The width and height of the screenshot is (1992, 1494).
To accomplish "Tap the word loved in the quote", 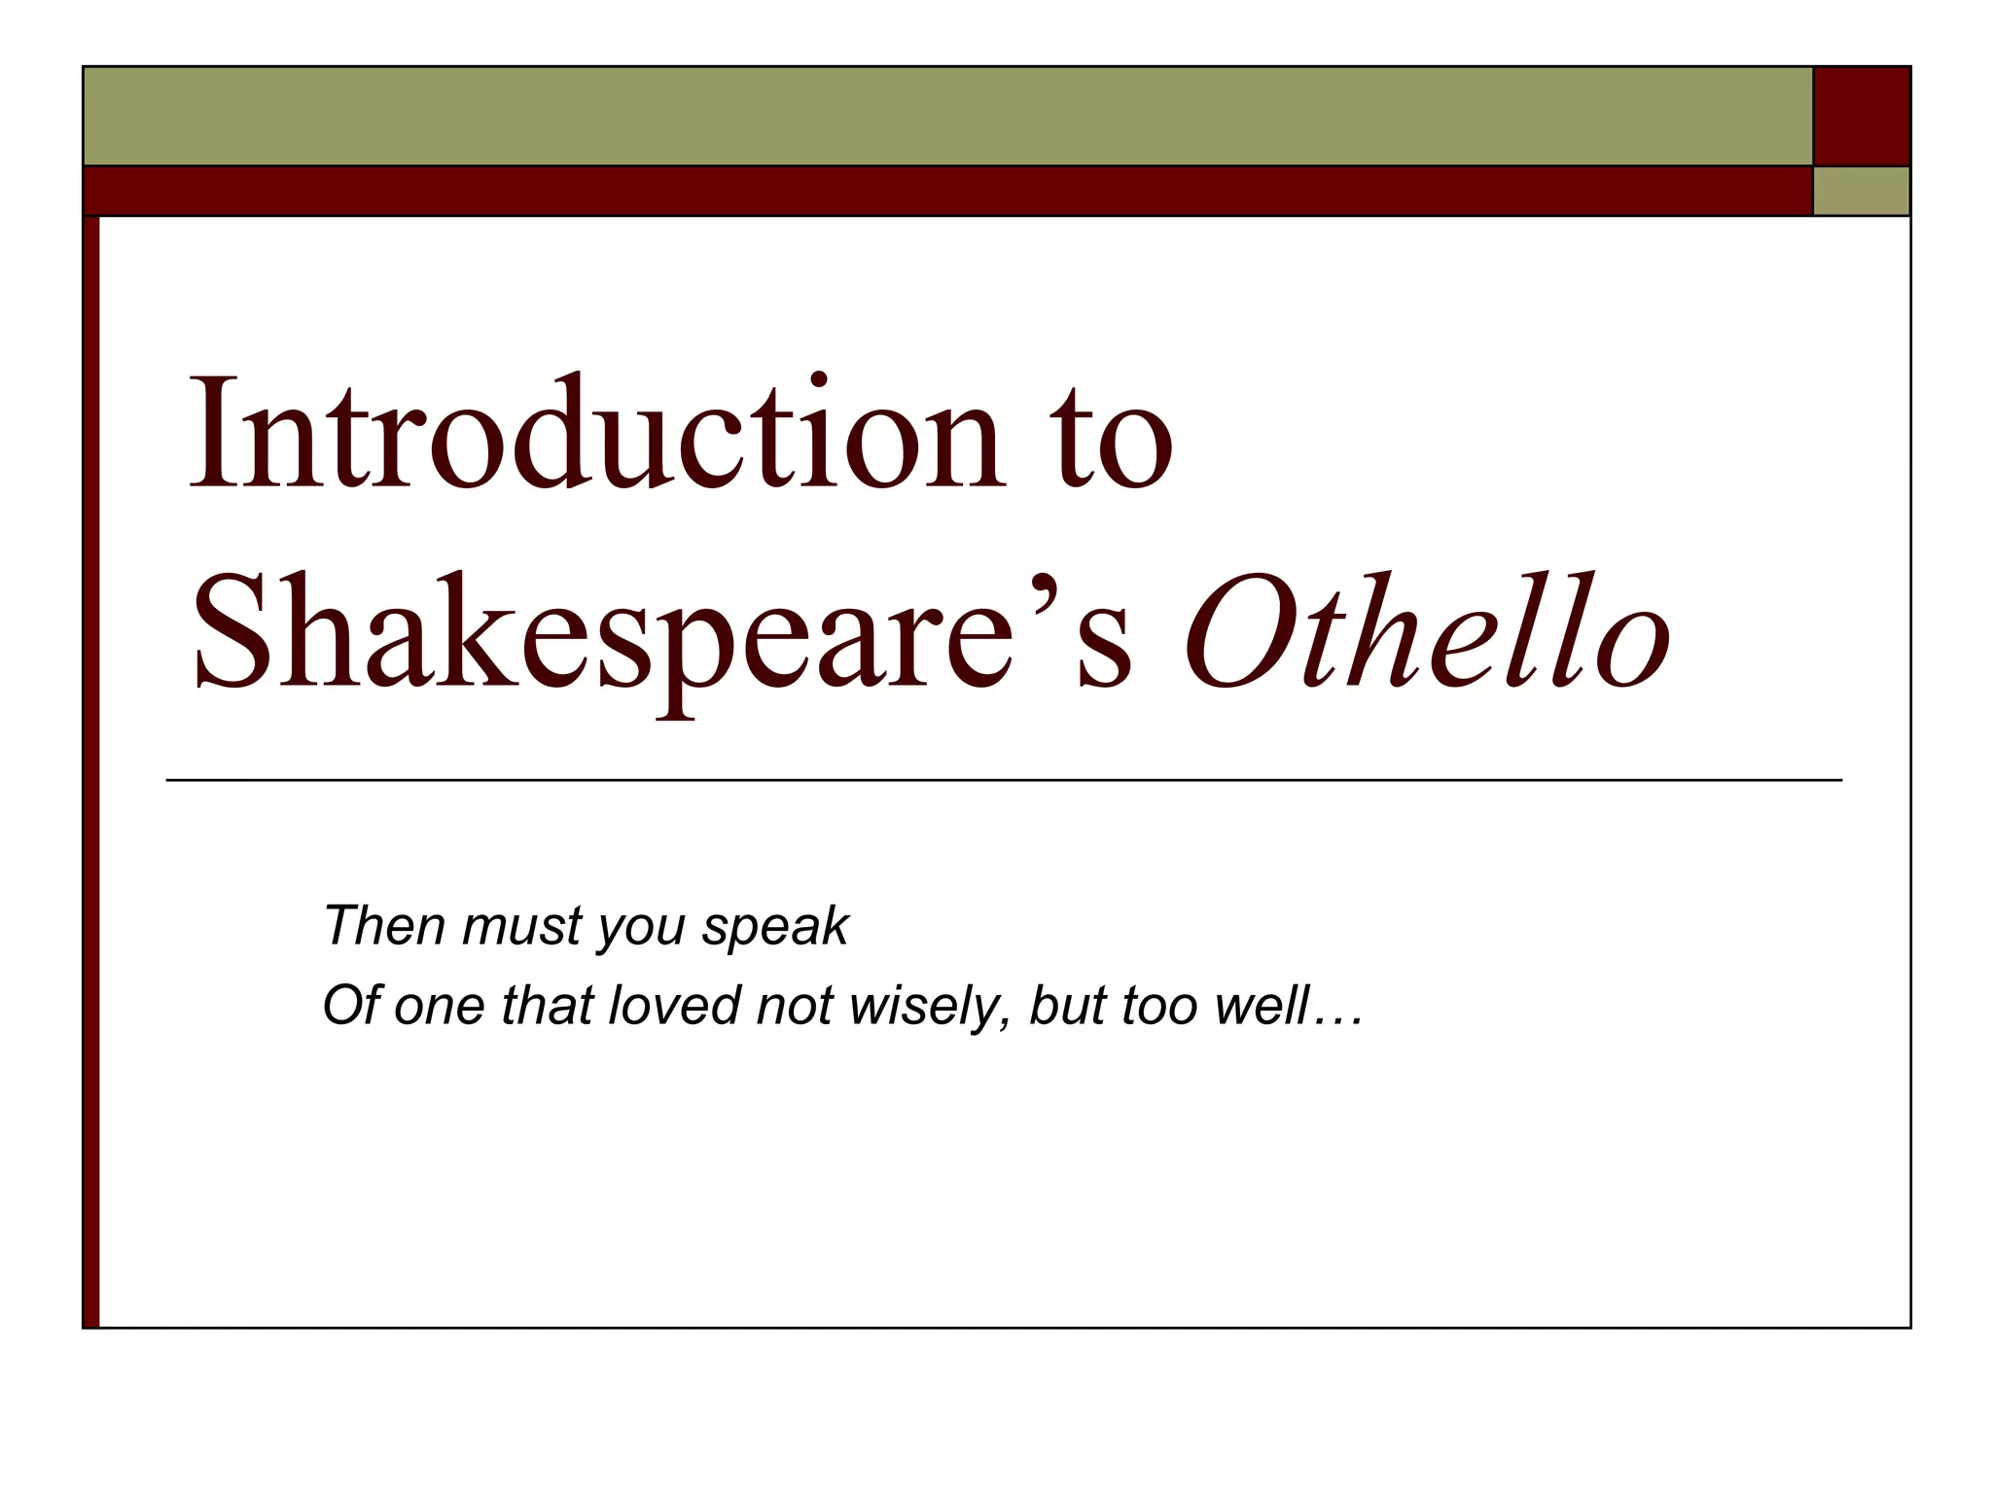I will (x=673, y=1005).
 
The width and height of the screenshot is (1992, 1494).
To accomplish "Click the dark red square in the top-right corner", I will (x=1862, y=116).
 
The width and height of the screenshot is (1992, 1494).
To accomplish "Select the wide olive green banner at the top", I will (x=947, y=116).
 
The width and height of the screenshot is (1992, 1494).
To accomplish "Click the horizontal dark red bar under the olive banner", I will (x=947, y=191).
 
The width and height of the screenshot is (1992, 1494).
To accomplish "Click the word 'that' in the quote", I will (x=546, y=1005).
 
